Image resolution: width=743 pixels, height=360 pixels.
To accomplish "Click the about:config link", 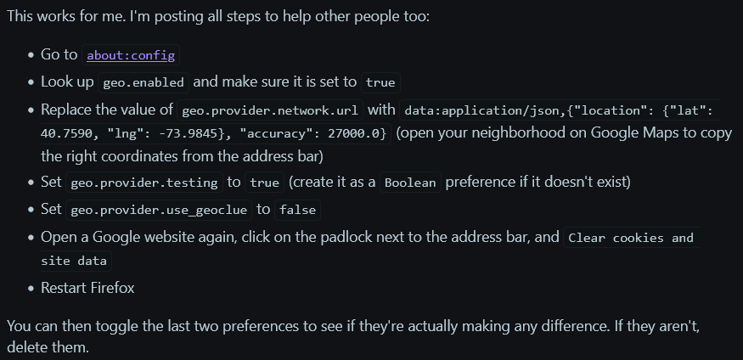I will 131,55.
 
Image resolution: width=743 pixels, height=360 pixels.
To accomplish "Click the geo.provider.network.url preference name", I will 271,111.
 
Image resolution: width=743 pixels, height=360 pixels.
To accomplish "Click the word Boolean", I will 411,183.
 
